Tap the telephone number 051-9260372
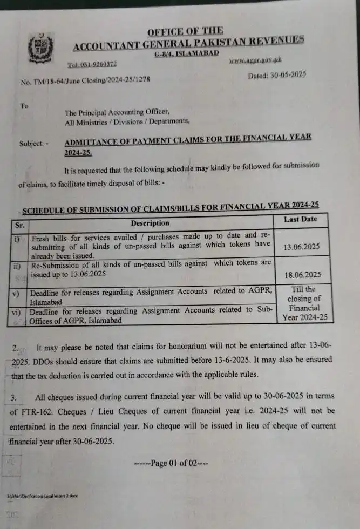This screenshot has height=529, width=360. point(92,64)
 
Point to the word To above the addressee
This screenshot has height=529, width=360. point(24,106)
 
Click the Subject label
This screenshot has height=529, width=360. point(32,144)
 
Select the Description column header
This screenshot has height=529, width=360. point(150,223)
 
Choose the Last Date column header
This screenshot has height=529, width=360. point(300,219)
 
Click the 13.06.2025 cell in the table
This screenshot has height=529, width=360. point(300,246)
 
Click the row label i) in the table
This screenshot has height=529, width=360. point(17,238)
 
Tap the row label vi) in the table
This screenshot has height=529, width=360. point(18,312)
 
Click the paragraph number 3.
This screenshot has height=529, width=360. point(15,398)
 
